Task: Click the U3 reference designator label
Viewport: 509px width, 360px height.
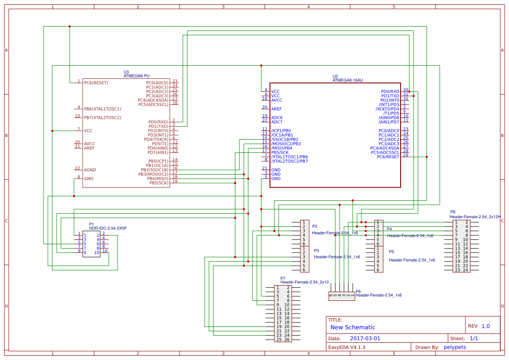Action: click(126, 72)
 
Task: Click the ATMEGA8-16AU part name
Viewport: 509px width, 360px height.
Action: click(347, 80)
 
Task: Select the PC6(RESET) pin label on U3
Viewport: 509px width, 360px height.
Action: click(96, 83)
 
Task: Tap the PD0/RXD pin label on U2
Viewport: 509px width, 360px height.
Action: click(390, 91)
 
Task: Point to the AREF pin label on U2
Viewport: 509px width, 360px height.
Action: click(276, 109)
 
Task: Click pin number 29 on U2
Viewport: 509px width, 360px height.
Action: click(405, 155)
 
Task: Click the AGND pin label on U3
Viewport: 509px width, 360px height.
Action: click(90, 170)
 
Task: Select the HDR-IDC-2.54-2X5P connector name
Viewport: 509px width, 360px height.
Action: click(108, 228)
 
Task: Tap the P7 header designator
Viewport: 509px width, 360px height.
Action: click(283, 278)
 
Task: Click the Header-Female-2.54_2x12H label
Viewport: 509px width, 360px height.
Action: click(475, 216)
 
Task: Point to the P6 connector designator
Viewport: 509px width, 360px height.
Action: click(358, 291)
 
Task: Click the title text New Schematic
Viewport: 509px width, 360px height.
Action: click(353, 327)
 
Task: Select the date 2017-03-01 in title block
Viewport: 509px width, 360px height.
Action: click(365, 338)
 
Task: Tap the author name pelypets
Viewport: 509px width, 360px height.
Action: click(455, 347)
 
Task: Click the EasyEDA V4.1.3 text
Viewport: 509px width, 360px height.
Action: click(347, 347)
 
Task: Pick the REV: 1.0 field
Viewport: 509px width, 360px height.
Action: click(479, 326)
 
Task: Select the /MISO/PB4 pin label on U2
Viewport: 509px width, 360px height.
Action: click(282, 148)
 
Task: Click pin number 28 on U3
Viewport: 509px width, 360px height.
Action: click(175, 103)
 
